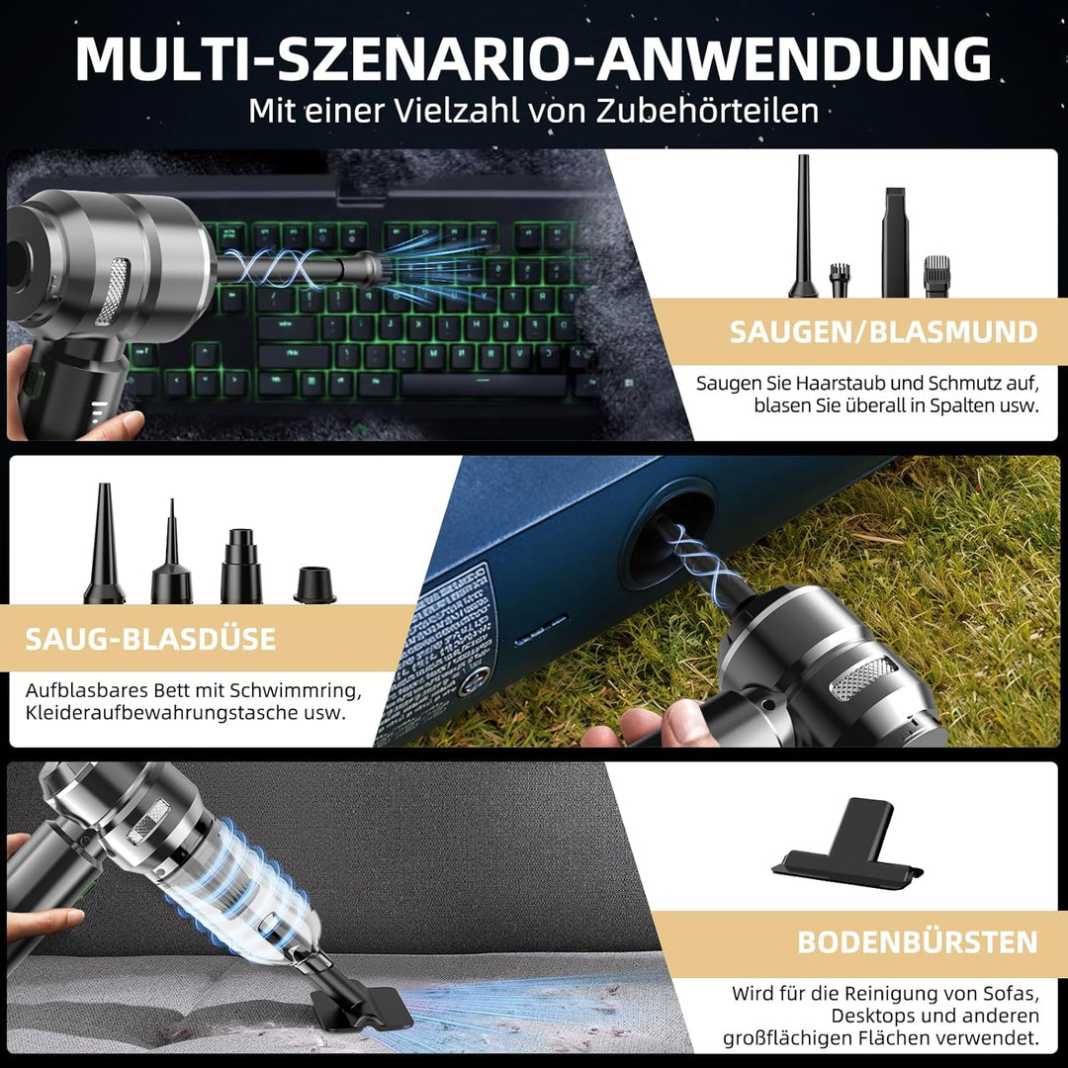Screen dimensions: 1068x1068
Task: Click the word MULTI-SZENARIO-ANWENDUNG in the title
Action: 533,59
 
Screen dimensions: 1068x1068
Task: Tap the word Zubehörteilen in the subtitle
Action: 707,110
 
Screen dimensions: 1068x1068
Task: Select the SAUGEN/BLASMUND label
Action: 883,332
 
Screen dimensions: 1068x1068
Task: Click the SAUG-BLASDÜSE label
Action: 150,638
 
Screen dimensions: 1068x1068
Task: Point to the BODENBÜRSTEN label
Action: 917,941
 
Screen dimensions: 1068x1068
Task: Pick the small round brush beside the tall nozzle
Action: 840,280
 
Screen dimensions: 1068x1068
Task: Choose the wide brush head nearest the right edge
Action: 936,276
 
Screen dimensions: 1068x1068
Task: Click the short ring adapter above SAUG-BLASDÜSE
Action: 314,584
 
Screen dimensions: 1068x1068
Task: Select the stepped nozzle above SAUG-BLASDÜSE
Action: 240,566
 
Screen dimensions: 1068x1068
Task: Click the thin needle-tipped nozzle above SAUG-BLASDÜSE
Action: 171,556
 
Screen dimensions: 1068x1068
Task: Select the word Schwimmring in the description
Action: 300,688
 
